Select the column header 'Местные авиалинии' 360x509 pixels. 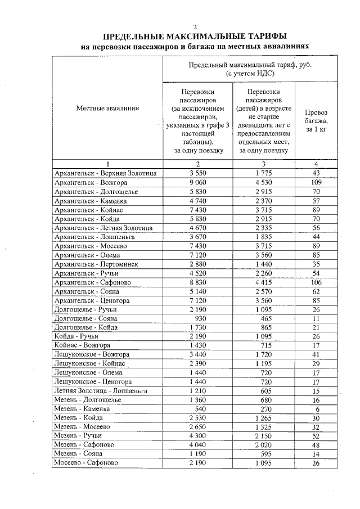[107, 109]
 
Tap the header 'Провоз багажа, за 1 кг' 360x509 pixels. [316, 120]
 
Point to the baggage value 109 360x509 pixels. [316, 183]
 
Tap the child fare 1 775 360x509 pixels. [263, 174]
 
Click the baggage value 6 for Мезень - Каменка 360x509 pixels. [317, 408]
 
